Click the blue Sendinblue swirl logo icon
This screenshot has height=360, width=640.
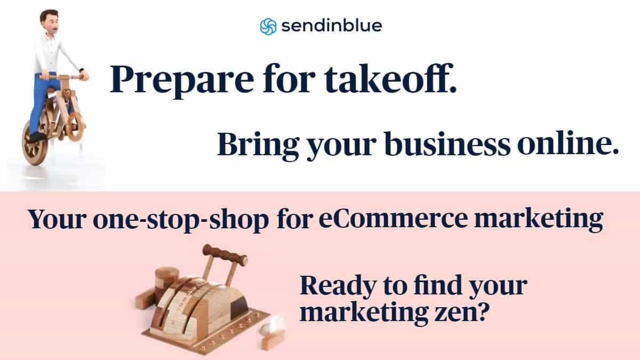268,27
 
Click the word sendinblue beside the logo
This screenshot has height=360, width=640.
332,26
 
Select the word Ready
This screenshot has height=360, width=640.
338,286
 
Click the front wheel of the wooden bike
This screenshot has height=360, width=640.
76,126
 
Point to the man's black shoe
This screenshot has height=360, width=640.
37,138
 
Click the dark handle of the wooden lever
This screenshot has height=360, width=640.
225,255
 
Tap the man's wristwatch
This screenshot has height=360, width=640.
81,70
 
